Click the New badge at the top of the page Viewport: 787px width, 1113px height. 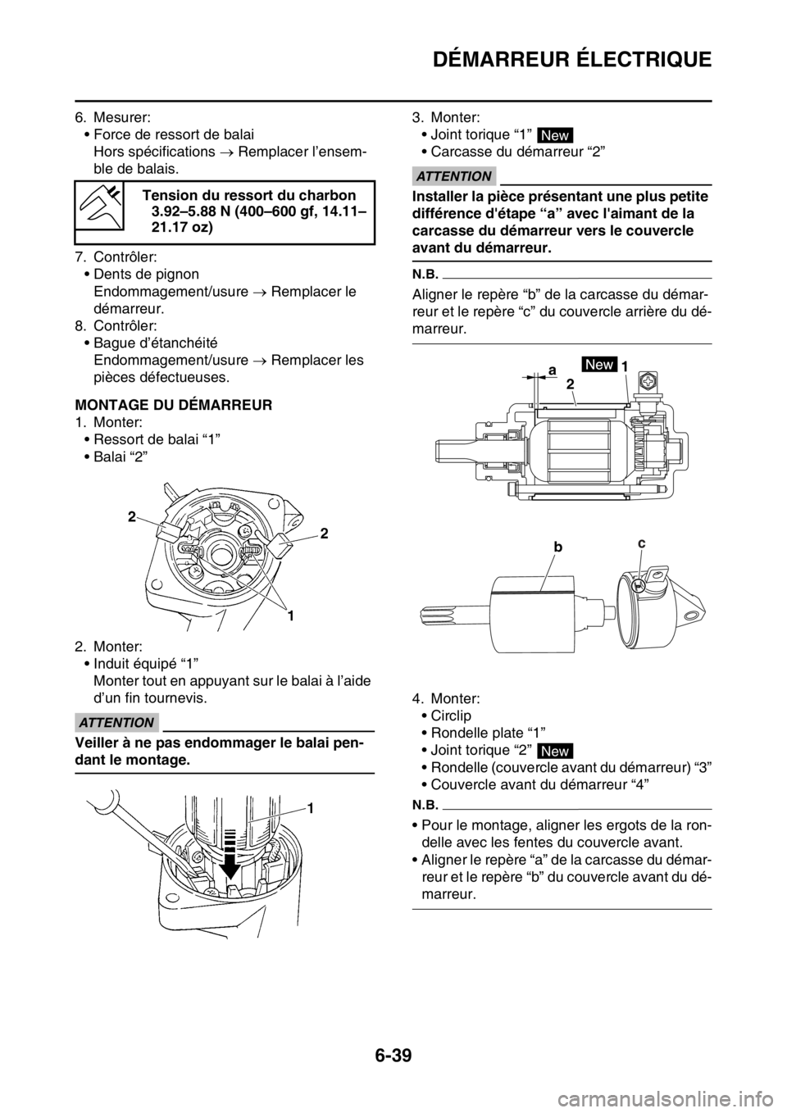tap(555, 135)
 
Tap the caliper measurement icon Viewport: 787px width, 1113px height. tap(99, 206)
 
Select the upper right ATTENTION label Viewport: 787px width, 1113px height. tap(453, 176)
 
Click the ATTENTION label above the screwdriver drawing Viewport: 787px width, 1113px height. tap(117, 722)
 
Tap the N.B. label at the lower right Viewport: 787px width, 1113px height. tap(423, 803)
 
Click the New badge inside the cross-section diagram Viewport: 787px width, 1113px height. tap(599, 365)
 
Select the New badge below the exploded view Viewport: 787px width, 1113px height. tap(555, 751)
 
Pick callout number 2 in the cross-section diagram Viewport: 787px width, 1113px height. tap(569, 383)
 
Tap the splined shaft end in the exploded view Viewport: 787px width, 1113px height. tap(439, 611)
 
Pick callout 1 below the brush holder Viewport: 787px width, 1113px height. tap(290, 614)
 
